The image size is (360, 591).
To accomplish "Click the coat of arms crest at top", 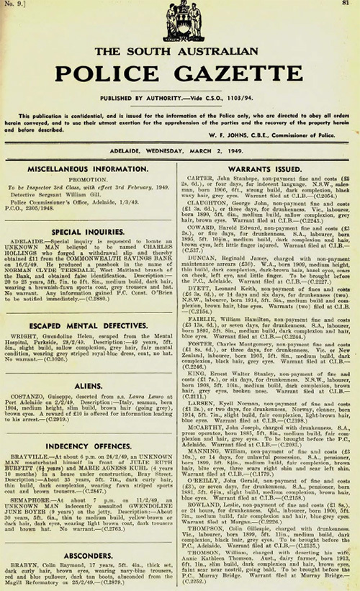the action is (x=179, y=22).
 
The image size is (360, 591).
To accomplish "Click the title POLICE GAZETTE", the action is (x=179, y=74).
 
